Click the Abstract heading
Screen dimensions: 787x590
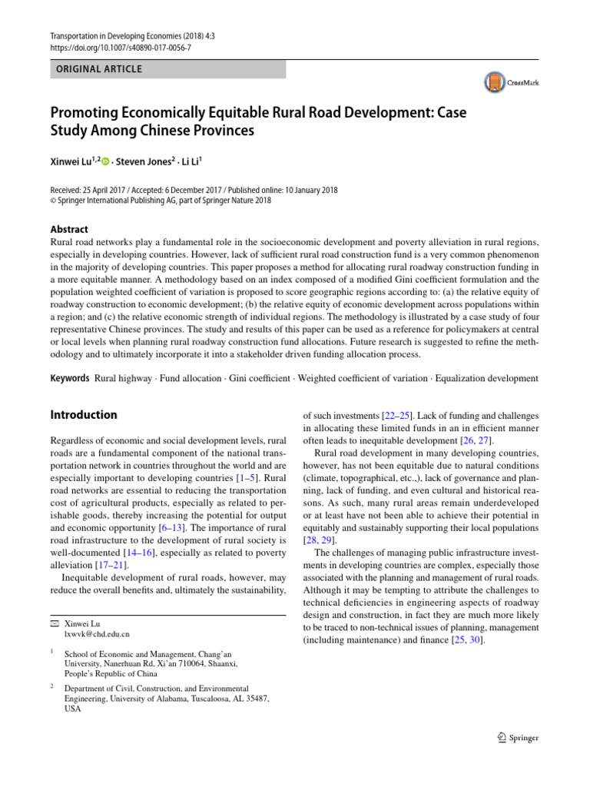[69, 229]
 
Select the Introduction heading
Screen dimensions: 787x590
[84, 415]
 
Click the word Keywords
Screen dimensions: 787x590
[70, 379]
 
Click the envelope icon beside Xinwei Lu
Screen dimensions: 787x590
[54, 623]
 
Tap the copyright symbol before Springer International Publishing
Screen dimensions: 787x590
[53, 201]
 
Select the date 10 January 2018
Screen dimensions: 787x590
[307, 190]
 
